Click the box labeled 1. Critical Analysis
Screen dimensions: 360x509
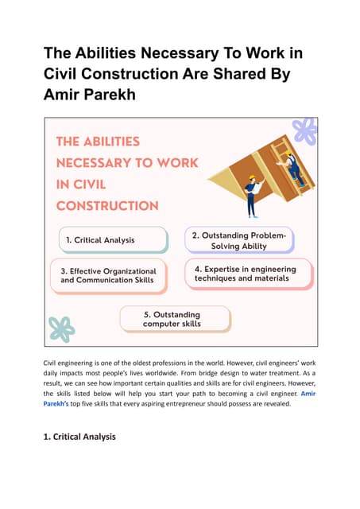112,239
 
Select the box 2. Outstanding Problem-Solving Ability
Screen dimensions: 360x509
239,240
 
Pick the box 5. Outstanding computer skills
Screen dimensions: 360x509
175,318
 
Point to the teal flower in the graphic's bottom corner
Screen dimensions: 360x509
61,328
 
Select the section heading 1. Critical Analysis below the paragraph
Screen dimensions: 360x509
79,437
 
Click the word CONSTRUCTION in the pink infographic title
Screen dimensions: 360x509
106,205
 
